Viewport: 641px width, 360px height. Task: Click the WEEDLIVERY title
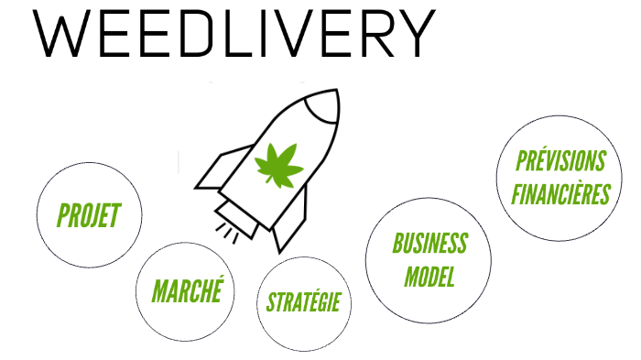233,36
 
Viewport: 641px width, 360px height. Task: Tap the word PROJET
89,216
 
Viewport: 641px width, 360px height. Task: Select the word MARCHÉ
188,292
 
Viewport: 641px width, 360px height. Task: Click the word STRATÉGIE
303,301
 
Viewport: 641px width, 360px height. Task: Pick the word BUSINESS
429,243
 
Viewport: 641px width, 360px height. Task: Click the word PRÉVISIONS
560,163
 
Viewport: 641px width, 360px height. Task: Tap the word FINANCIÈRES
560,195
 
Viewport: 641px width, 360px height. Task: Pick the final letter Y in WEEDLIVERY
410,36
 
